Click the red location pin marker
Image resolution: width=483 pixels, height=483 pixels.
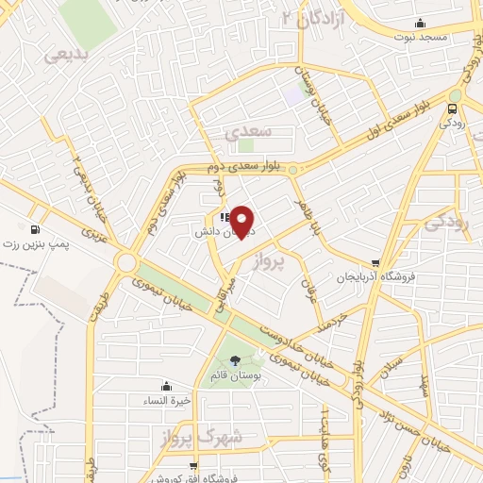click(x=243, y=221)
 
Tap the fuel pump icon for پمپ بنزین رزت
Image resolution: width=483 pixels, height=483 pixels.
click(x=36, y=229)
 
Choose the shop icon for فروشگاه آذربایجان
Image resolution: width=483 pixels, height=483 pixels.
click(x=376, y=262)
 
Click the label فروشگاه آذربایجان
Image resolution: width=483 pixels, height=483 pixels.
click(x=378, y=278)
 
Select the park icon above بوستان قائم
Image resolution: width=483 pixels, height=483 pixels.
click(x=234, y=360)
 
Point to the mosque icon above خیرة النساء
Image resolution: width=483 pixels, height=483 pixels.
click(x=167, y=386)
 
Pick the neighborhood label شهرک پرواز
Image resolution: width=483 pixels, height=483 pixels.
click(x=209, y=436)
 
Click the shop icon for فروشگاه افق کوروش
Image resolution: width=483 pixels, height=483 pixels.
click(x=193, y=464)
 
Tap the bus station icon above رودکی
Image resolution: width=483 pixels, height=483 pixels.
click(x=455, y=108)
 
